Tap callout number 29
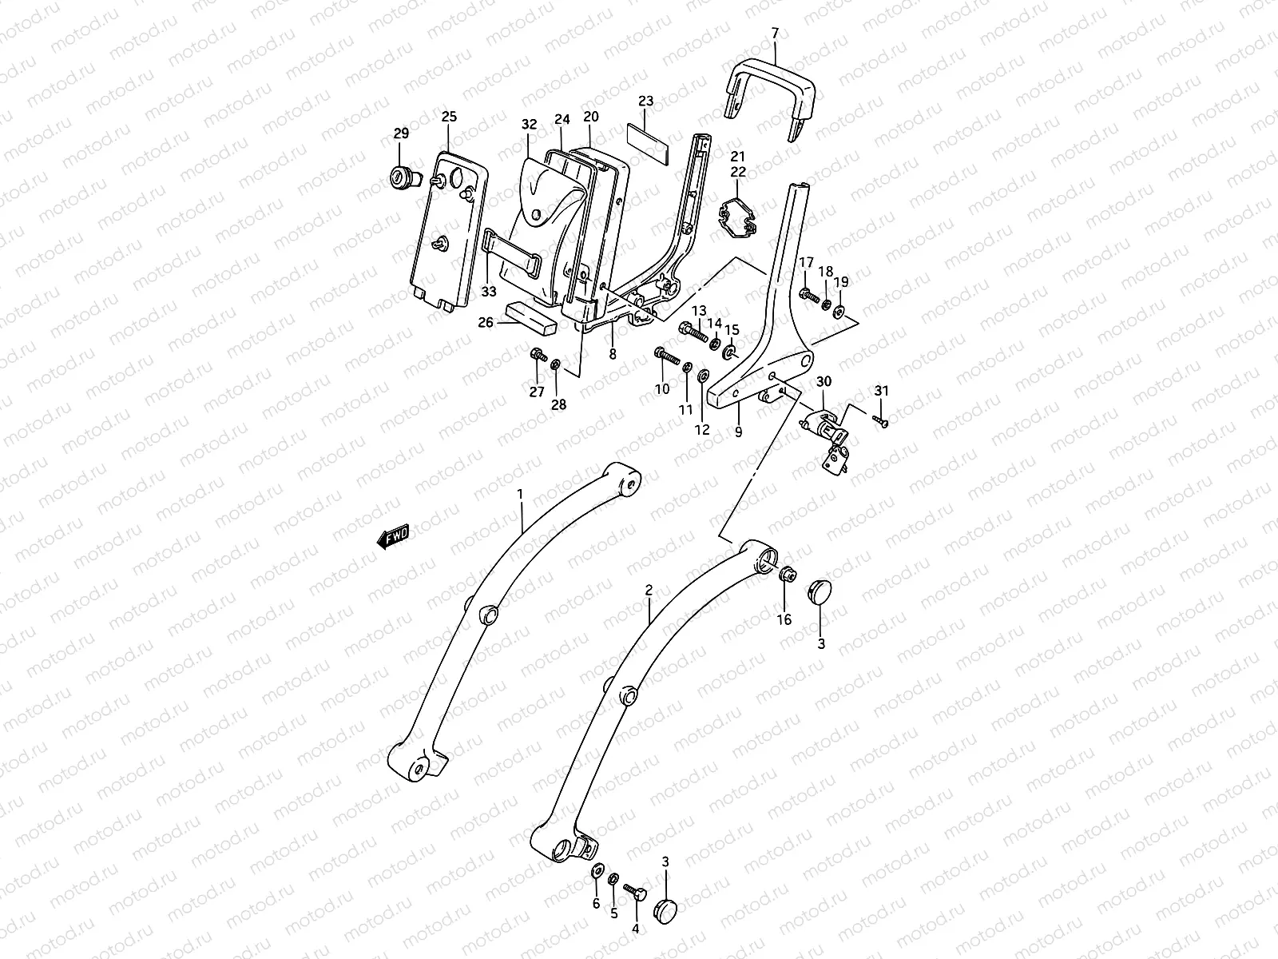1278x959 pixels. (x=400, y=133)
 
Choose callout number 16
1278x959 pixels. (x=784, y=619)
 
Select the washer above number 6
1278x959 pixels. (x=597, y=869)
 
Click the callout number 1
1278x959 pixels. (x=520, y=494)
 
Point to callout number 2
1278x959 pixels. (x=649, y=590)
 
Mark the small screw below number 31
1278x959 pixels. (x=881, y=420)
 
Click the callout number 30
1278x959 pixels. (x=824, y=382)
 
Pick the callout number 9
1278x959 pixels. (x=738, y=432)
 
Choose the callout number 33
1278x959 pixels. (x=489, y=292)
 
